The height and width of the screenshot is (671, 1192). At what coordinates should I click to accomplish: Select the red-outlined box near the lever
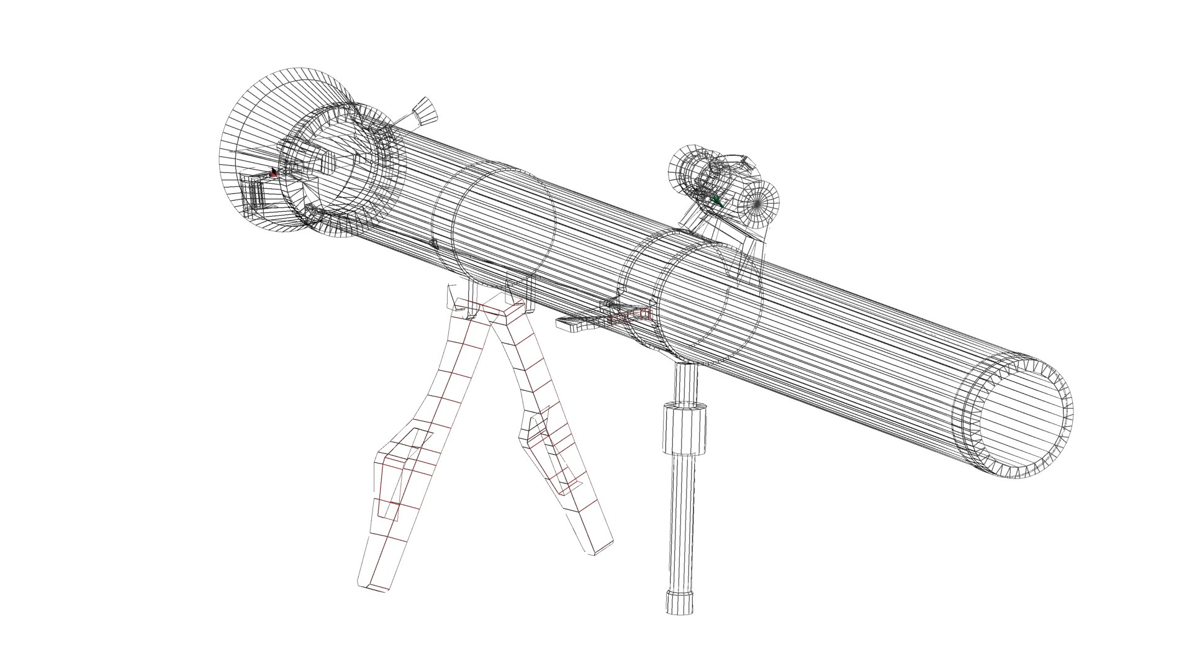click(x=630, y=316)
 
